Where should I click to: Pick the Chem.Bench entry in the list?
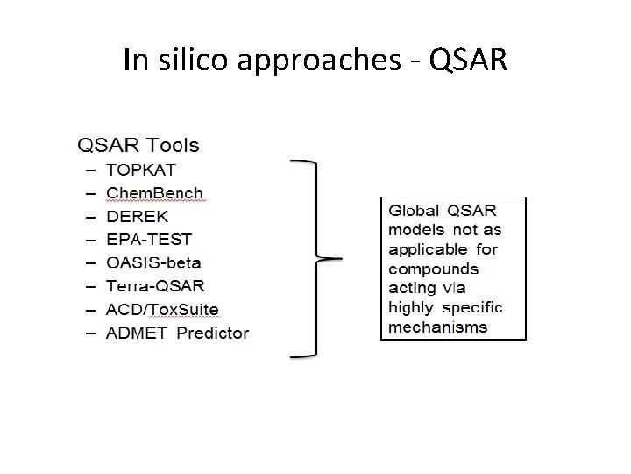click(x=154, y=193)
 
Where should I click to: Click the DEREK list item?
click(x=137, y=216)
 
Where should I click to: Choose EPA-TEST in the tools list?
click(x=148, y=239)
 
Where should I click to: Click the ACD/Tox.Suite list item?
click(x=162, y=309)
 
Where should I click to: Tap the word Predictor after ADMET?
click(x=213, y=333)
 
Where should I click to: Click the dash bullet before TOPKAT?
click(x=89, y=169)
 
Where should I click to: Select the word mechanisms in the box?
click(x=437, y=327)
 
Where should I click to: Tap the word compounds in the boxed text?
click(x=433, y=269)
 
